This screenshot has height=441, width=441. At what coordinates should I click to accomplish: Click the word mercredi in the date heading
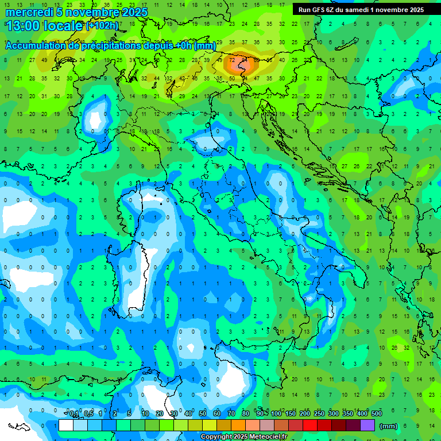(28, 12)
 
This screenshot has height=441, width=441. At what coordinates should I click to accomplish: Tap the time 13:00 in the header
(24, 26)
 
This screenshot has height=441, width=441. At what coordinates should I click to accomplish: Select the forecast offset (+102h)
(102, 26)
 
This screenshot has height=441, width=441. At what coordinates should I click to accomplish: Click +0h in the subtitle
(183, 45)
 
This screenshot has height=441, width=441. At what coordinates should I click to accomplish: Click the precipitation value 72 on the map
(232, 60)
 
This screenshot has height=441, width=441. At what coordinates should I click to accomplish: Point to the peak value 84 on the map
(245, 60)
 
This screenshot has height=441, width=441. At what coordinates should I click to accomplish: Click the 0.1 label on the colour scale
(73, 414)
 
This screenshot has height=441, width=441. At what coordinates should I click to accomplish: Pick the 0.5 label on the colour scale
(88, 414)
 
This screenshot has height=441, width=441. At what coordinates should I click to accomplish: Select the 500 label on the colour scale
(376, 414)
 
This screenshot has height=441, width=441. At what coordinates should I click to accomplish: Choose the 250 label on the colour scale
(319, 414)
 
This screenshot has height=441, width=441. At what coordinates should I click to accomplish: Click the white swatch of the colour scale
(66, 425)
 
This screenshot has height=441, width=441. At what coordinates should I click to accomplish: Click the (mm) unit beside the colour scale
(389, 426)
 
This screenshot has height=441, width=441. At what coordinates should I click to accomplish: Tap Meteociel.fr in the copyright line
(272, 437)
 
